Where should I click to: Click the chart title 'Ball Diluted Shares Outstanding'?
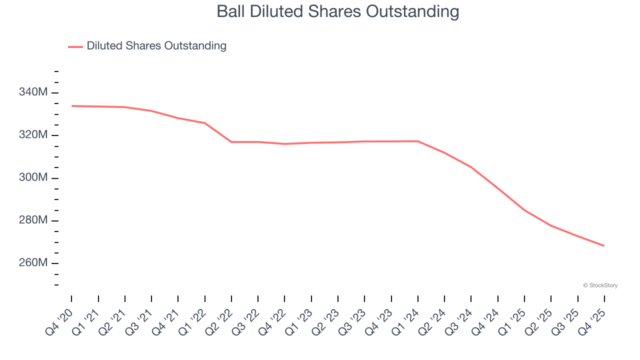(x=337, y=11)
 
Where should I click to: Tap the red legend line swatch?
(x=75, y=46)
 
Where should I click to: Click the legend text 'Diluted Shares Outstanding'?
(x=156, y=46)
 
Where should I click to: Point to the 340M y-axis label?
(x=33, y=92)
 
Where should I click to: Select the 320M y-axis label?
(x=33, y=135)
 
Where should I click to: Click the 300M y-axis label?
(x=33, y=178)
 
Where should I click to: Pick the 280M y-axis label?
(x=33, y=220)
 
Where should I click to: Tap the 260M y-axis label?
(x=33, y=263)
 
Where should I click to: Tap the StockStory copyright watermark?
(x=600, y=285)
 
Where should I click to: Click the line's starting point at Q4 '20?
(x=71, y=106)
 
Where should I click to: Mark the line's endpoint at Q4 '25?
(x=604, y=245)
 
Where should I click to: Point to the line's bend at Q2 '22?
(x=231, y=142)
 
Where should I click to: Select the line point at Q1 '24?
(x=418, y=141)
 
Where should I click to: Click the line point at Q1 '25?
(x=524, y=210)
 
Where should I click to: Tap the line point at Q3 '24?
(x=471, y=167)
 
